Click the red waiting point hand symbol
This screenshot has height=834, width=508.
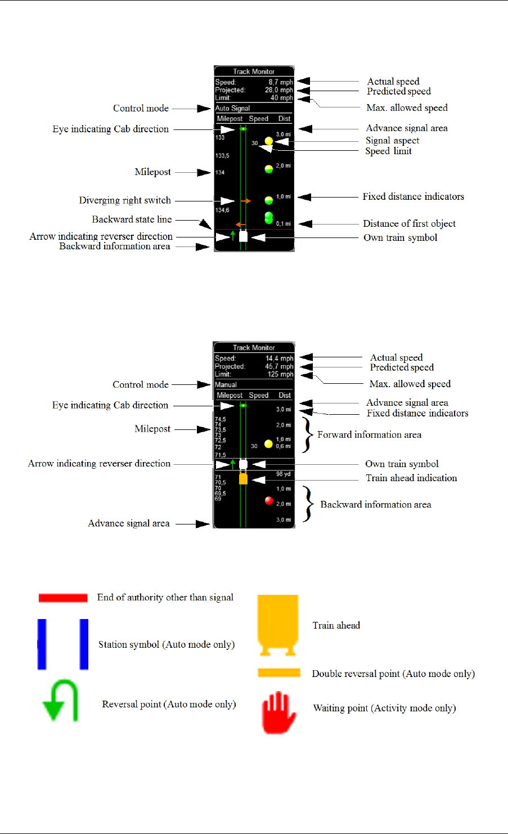[x=279, y=712]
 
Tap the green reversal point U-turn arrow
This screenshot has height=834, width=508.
[x=61, y=701]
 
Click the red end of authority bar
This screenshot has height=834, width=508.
[x=62, y=598]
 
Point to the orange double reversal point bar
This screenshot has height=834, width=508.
[x=279, y=672]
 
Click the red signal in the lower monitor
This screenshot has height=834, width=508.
[x=269, y=500]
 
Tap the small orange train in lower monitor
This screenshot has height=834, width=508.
[x=243, y=479]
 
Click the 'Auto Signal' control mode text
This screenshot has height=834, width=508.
[x=232, y=108]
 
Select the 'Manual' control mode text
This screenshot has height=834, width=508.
[x=226, y=385]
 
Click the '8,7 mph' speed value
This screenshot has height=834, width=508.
[x=280, y=82]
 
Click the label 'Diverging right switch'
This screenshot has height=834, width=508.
[x=125, y=200]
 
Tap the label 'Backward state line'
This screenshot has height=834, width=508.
[x=132, y=219]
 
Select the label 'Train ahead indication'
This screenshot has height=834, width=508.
[x=411, y=478]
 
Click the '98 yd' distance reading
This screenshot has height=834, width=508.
[x=283, y=474]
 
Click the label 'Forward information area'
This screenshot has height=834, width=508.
[x=369, y=434]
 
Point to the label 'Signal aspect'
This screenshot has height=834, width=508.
[x=392, y=141]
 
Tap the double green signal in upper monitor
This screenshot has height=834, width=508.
[x=269, y=217]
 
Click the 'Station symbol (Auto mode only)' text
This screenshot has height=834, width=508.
[x=167, y=644]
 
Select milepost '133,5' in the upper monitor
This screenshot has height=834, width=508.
[x=222, y=155]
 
